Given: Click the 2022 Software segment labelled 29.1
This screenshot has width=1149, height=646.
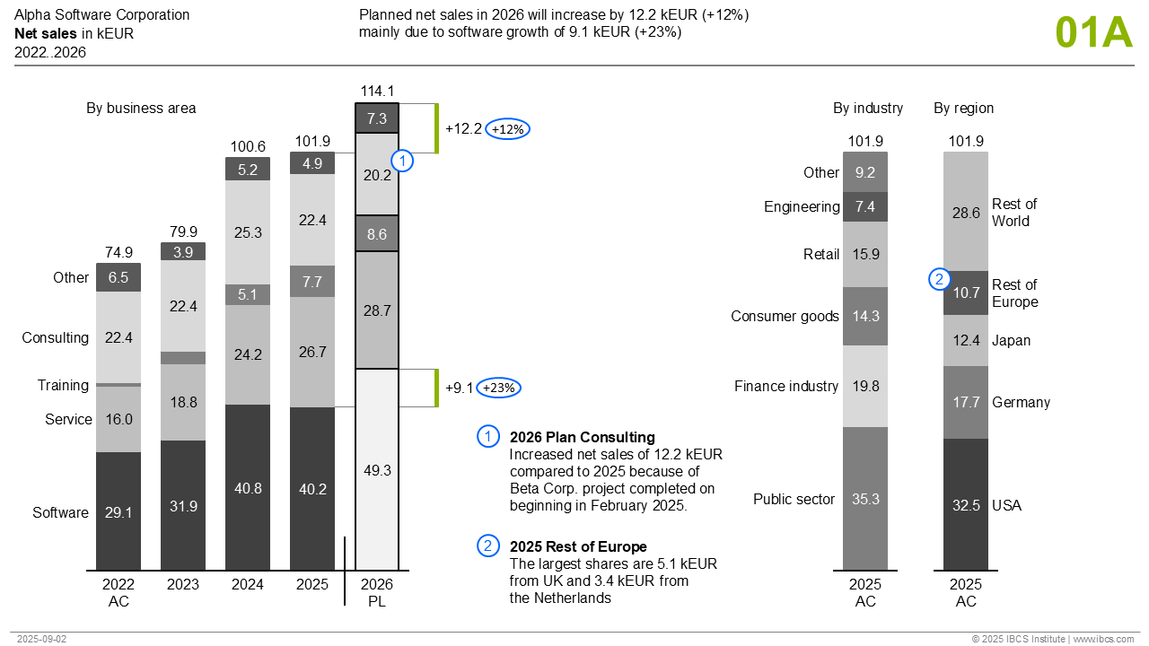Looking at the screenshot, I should point(118,511).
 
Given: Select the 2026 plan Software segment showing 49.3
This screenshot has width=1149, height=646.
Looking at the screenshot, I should point(377,470).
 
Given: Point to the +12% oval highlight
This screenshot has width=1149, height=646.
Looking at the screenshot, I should point(508,129).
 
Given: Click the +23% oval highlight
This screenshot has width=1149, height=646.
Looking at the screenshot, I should point(498,388).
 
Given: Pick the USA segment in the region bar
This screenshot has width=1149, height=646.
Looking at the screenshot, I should point(966,504).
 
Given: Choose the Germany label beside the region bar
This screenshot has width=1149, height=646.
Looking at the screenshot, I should point(1021,403).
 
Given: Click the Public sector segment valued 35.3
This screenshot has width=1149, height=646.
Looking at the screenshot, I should point(865,499).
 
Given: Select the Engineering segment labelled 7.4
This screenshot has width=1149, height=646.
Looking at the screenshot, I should point(865,207).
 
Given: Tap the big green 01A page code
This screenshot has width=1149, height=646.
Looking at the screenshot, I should point(1094,32).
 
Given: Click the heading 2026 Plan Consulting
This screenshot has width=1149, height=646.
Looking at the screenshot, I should point(582,438).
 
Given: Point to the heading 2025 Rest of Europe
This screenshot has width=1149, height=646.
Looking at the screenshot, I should point(578,547).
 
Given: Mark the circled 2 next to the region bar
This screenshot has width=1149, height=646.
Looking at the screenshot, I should point(938,280).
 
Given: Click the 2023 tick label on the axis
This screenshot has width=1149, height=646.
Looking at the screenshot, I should point(183,585).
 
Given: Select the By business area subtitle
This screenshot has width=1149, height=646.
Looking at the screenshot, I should point(141,109).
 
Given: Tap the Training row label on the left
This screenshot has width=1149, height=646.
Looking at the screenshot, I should point(63,386).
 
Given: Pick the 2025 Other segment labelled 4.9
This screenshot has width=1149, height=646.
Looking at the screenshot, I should point(312,163).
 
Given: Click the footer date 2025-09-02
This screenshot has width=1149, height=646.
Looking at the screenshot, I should point(41,639).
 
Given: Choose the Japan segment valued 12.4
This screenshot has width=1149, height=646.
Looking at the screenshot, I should point(966,341).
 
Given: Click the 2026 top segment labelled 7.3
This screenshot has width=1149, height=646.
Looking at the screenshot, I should point(377,118).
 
